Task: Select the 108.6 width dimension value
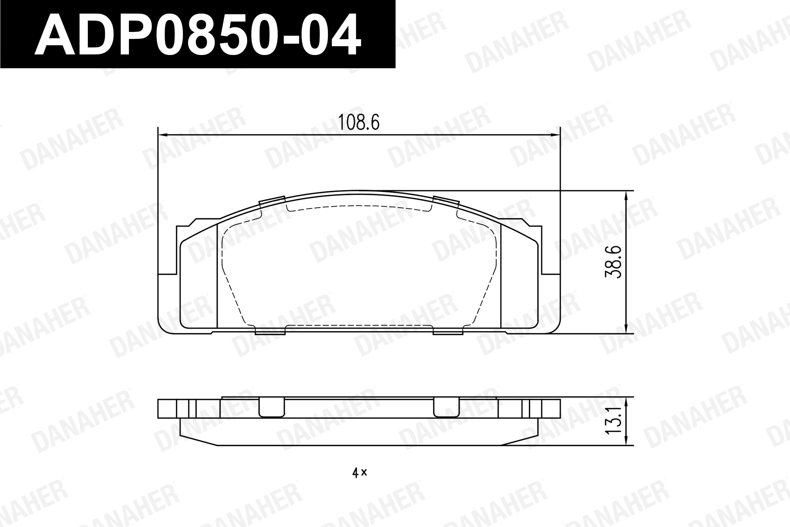[358, 122]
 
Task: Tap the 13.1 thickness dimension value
[613, 421]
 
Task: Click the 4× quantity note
[359, 473]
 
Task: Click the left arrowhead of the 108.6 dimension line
[162, 135]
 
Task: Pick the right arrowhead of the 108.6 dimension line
[556, 135]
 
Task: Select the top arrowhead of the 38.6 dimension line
[626, 196]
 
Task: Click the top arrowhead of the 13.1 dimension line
[626, 402]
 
